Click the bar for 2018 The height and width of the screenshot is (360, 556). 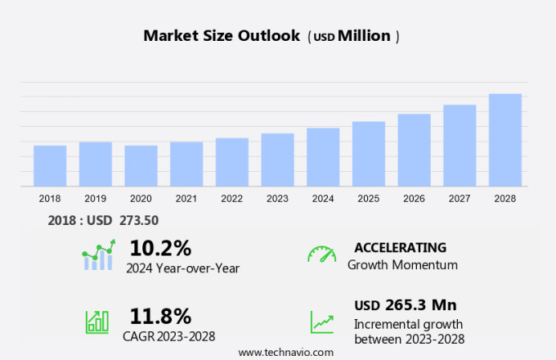click(50, 166)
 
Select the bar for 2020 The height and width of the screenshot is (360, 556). click(141, 166)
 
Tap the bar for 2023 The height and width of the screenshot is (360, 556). click(277, 160)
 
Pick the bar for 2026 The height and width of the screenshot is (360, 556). click(414, 151)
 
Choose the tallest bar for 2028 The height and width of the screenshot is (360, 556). click(505, 140)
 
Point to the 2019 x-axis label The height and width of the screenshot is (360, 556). click(96, 198)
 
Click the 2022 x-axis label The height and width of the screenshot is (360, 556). click(232, 198)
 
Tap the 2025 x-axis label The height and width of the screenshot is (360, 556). click(369, 198)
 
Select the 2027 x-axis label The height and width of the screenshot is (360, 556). click(460, 198)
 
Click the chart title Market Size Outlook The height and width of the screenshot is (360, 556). click(223, 36)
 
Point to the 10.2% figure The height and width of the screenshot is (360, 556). click(160, 248)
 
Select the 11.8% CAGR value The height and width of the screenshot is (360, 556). click(160, 316)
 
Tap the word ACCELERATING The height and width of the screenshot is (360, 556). click(400, 247)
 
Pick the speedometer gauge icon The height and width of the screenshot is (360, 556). click(321, 254)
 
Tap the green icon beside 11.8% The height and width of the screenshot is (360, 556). click(97, 321)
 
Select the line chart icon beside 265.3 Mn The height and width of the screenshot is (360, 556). click(321, 321)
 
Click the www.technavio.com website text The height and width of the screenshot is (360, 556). click(285, 352)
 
